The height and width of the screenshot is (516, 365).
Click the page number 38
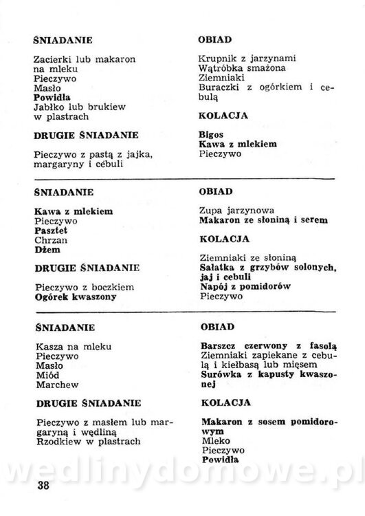click(42, 487)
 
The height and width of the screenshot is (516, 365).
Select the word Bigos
click(210, 133)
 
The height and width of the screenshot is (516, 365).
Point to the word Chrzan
click(49, 242)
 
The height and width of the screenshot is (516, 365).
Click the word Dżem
click(46, 252)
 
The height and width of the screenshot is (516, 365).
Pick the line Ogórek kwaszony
click(75, 297)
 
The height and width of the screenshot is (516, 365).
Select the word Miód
click(45, 375)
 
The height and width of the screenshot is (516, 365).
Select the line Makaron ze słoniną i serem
click(263, 220)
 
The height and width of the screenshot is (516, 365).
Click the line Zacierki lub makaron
click(85, 58)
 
